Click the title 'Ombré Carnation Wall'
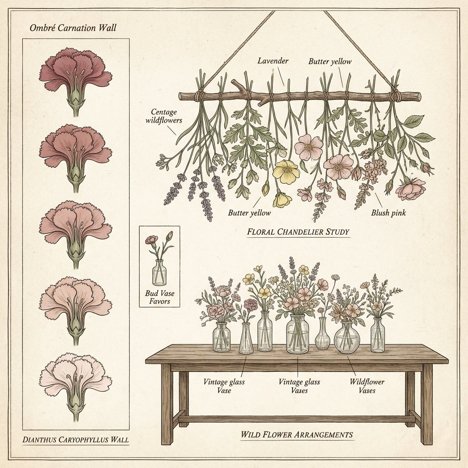pyautogui.click(x=73, y=28)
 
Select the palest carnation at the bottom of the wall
pyautogui.click(x=75, y=387)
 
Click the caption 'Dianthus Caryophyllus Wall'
pyautogui.click(x=75, y=439)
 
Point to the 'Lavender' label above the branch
pyautogui.click(x=273, y=61)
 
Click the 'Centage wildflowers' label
pyautogui.click(x=164, y=116)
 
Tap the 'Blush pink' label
pyautogui.click(x=388, y=213)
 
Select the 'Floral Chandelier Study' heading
pyautogui.click(x=298, y=232)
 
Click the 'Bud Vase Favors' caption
pyautogui.click(x=160, y=297)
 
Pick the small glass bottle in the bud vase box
pyautogui.click(x=160, y=272)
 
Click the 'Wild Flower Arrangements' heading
pyautogui.click(x=297, y=434)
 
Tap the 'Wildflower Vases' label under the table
pyautogui.click(x=367, y=386)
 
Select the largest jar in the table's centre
pyautogui.click(x=297, y=334)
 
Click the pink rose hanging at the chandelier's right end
pyautogui.click(x=411, y=189)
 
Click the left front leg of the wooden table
pyautogui.click(x=166, y=404)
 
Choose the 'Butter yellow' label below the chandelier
pyautogui.click(x=249, y=213)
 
